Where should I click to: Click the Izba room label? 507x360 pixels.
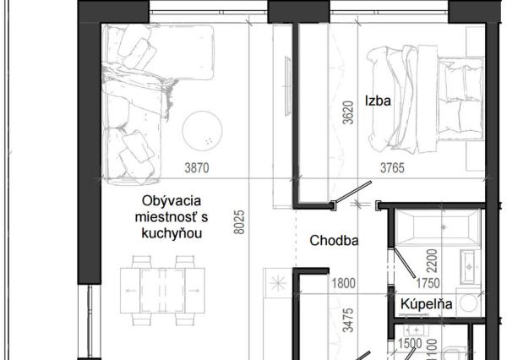378,101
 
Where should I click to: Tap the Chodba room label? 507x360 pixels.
334,241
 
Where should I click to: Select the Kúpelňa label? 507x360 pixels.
426,304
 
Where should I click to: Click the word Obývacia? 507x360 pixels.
172,201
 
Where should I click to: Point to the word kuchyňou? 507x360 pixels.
172,233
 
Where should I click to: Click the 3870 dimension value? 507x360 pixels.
197,168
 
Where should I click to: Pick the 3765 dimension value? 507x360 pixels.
392,168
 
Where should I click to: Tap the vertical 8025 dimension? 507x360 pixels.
239,222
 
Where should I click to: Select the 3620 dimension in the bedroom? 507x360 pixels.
348,113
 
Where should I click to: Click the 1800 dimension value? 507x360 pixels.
344,283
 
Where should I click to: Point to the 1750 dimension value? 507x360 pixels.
428,283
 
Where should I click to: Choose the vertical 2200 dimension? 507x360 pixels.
432,260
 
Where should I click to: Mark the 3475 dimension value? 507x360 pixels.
348,320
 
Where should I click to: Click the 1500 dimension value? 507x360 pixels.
410,343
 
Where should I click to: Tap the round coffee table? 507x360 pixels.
203,131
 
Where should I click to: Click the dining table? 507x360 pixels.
162,291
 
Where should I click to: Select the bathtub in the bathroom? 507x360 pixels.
438,227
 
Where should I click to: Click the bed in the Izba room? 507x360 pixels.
426,99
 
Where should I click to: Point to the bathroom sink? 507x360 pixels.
470,267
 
